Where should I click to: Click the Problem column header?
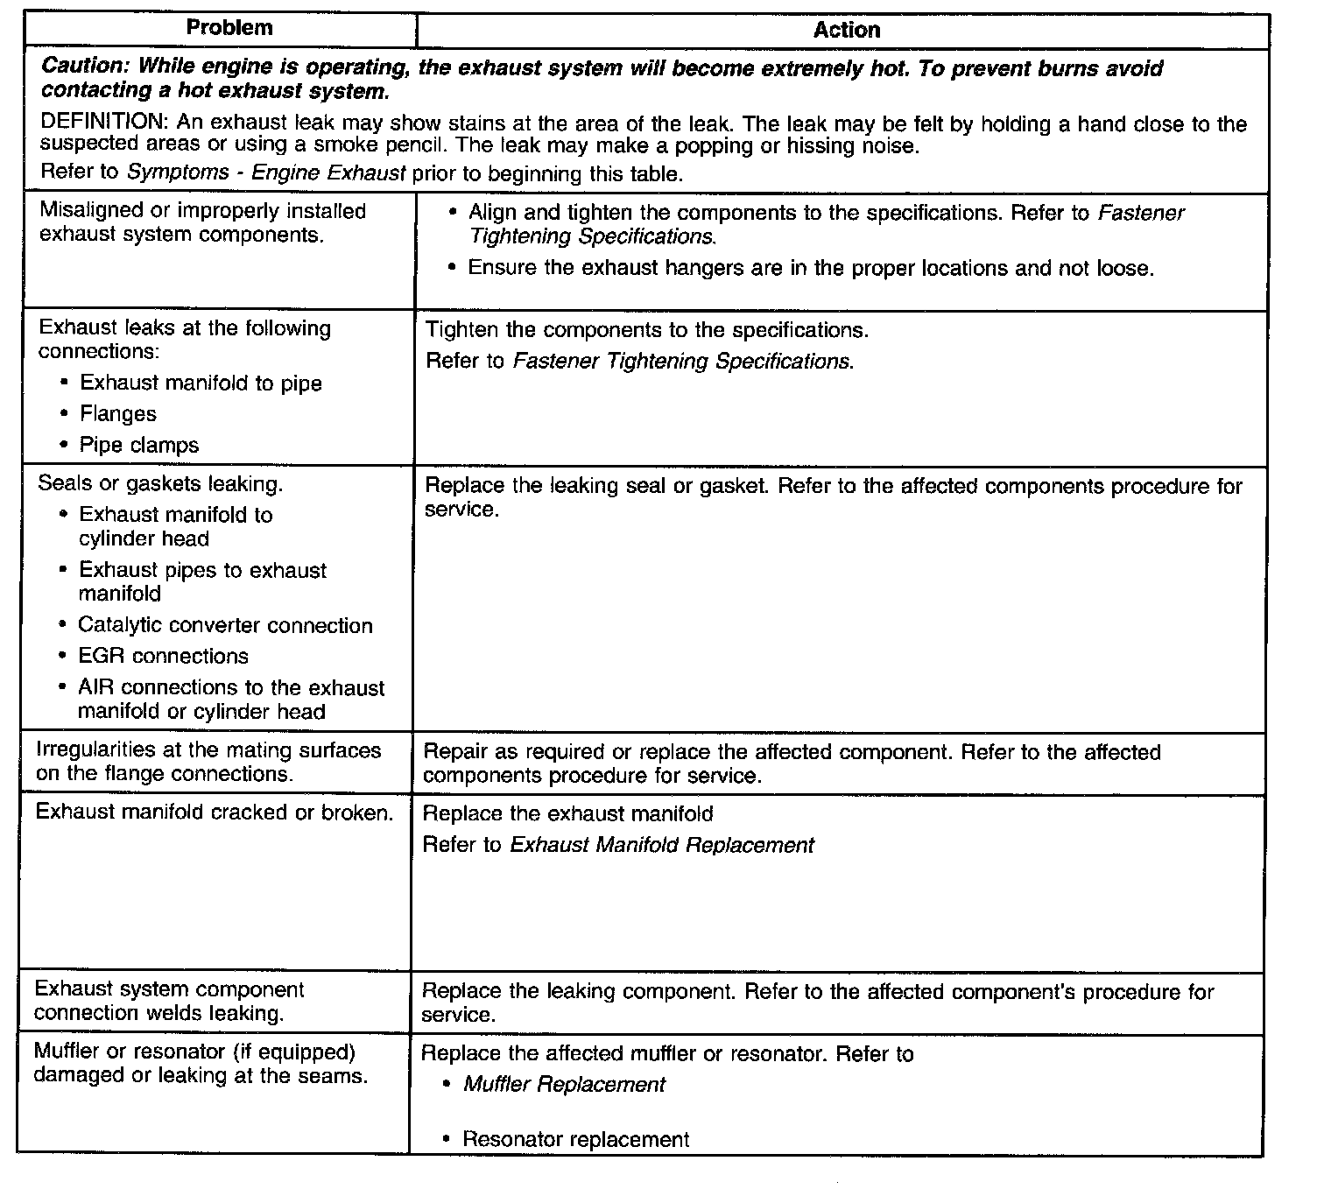pos(229,28)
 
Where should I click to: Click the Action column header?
pos(846,31)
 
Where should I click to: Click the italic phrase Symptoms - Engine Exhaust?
pos(266,172)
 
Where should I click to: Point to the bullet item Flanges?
pos(118,414)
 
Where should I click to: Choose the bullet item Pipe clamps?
pos(139,445)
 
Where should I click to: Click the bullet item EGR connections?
pos(163,657)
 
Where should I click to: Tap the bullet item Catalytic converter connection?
pos(225,625)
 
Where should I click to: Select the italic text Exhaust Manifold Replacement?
pos(662,845)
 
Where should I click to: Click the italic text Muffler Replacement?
pos(564,1085)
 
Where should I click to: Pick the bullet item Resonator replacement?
pos(575,1140)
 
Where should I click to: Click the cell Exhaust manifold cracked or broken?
pos(214,813)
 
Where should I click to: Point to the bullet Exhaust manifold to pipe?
pos(201,383)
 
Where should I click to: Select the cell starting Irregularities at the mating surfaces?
pos(208,762)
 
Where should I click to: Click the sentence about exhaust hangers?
pos(811,268)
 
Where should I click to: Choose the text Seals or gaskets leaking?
pos(160,484)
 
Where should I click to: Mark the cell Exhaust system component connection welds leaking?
pos(169,1002)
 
